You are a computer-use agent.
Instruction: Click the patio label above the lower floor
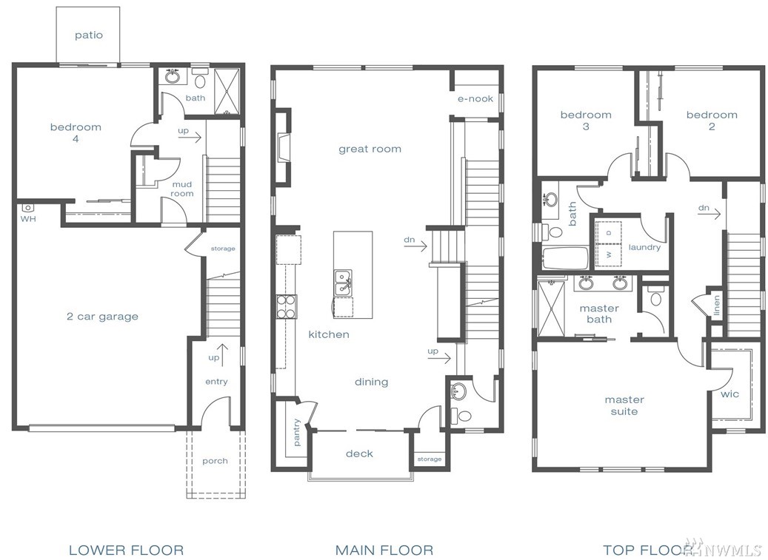(89, 36)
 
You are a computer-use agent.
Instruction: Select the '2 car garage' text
(102, 317)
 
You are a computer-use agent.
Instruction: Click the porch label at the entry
(215, 461)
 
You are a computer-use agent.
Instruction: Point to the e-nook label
(475, 99)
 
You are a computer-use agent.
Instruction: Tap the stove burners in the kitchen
(287, 307)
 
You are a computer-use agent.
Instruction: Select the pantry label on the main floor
(297, 432)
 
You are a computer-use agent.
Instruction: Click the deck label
(359, 453)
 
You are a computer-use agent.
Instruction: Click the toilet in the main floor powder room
(461, 416)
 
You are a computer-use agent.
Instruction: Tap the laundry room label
(644, 248)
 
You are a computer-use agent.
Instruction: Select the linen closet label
(717, 306)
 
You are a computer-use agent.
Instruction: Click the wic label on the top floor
(729, 394)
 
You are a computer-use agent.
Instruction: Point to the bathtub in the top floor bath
(565, 258)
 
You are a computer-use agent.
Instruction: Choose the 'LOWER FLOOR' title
(127, 550)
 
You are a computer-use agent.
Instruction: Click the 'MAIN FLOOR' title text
(384, 550)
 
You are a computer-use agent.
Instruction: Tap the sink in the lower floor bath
(172, 77)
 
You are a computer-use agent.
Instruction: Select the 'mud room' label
(181, 189)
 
